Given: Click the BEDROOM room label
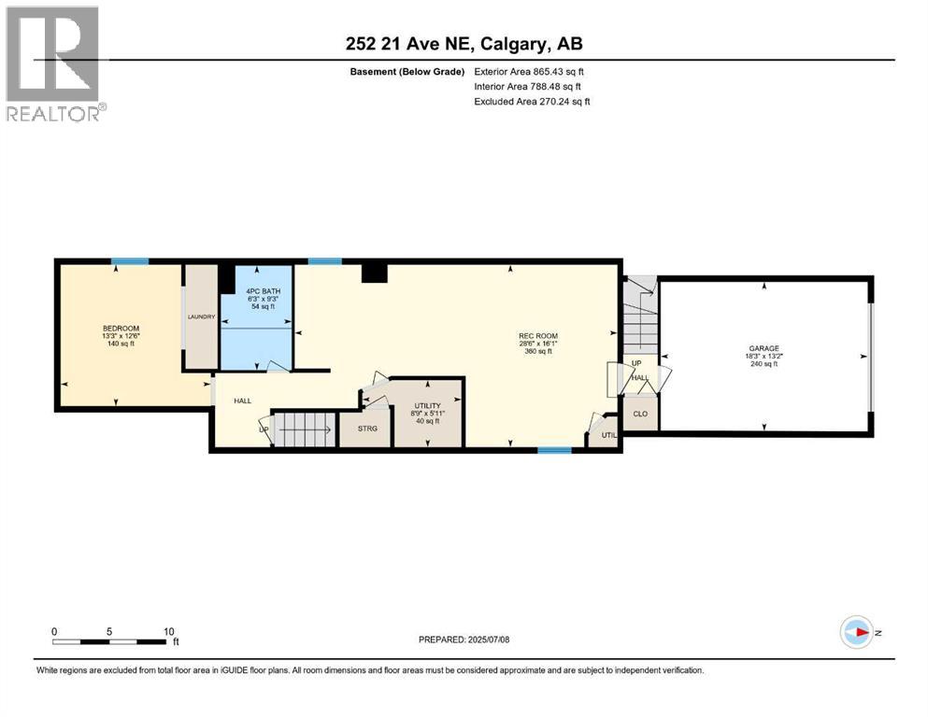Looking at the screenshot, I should click(121, 329).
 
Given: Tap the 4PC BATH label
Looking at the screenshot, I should click(256, 291).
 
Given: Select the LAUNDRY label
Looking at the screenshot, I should click(201, 317).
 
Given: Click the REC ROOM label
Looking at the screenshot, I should click(537, 336).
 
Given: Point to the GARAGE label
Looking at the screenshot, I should click(763, 348).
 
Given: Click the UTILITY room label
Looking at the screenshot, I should click(427, 406).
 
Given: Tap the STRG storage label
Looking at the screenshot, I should click(354, 429).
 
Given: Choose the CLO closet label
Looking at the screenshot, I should click(640, 414).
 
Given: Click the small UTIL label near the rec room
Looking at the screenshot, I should click(608, 434).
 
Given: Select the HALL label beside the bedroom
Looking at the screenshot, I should click(243, 401).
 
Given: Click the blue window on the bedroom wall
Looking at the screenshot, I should click(130, 261).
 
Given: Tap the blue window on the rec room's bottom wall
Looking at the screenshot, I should click(554, 450).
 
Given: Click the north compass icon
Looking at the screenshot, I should click(856, 632).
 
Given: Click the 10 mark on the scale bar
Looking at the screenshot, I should click(169, 631).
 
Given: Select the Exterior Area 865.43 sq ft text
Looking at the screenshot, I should click(532, 72).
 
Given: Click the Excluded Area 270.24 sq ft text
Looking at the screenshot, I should click(532, 102).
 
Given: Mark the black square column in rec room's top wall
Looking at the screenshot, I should click(374, 271).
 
